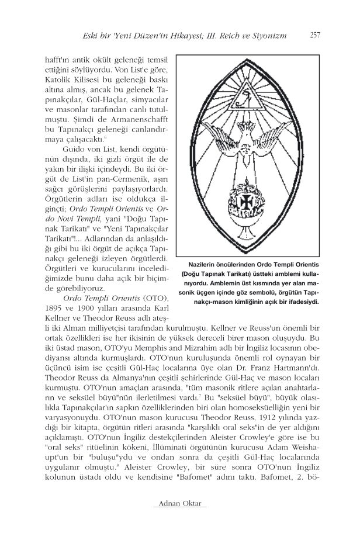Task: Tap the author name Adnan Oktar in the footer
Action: coord(179,503)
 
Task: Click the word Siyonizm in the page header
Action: coord(267,36)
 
